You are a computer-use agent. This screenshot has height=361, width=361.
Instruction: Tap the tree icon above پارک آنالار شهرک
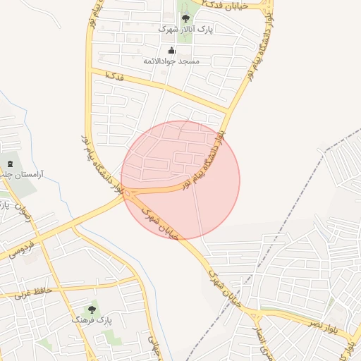point(185,18)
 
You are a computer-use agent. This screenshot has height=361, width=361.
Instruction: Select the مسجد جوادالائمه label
point(171,61)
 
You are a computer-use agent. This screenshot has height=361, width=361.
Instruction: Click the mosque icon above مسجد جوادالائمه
point(171,50)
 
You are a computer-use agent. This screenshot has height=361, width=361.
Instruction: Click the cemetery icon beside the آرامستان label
point(9,164)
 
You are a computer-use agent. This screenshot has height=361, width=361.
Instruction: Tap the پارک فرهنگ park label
point(92,321)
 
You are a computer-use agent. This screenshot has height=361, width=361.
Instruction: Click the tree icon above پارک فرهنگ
point(92,309)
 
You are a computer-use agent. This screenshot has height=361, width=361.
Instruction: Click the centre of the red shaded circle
point(180,180)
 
